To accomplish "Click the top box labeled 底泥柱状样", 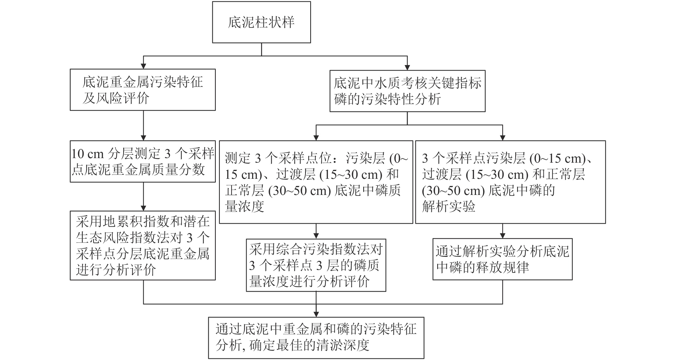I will [x=261, y=22].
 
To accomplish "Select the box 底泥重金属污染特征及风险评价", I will [x=143, y=90].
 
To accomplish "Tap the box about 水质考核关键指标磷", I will [x=407, y=91].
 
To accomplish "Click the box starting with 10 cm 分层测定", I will [x=143, y=161].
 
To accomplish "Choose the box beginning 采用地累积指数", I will [x=143, y=245].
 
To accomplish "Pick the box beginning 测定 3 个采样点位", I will [x=316, y=182].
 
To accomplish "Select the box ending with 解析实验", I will [x=510, y=182].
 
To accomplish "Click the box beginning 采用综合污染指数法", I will [x=316, y=265].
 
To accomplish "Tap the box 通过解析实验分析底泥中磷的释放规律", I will [x=502, y=259].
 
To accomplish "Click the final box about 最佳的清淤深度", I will [x=316, y=338].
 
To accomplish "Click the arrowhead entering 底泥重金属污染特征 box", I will [x=143, y=66].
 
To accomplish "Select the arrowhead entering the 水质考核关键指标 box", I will [x=407, y=67].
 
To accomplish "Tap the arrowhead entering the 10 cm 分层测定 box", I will [x=143, y=138].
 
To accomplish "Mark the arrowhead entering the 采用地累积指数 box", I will [x=143, y=208].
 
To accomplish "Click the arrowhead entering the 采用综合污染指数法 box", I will [x=316, y=236].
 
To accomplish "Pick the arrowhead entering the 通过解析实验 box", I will [x=502, y=236].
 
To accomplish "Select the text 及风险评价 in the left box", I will [x=116, y=98].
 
